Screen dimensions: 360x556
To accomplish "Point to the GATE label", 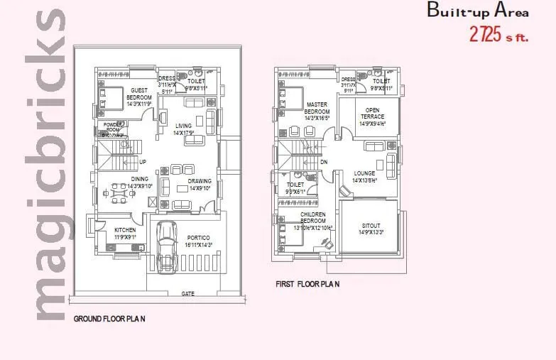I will pyautogui.click(x=188, y=293).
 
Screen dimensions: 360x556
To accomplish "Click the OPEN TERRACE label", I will pyautogui.click(x=371, y=114).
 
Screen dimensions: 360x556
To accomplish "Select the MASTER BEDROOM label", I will pyautogui.click(x=316, y=108).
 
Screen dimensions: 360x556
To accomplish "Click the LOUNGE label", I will pyautogui.click(x=364, y=173).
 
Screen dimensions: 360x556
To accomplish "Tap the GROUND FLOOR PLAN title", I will pyautogui.click(x=109, y=319).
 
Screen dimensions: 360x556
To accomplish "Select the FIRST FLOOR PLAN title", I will pyautogui.click(x=307, y=284).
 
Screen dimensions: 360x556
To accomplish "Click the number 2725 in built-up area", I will pyautogui.click(x=485, y=33).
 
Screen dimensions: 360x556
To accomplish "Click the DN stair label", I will pyautogui.click(x=324, y=162).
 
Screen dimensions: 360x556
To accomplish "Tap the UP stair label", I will pyautogui.click(x=143, y=162).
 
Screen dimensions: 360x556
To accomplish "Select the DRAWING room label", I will pyautogui.click(x=200, y=181).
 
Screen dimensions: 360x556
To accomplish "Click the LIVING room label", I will pyautogui.click(x=183, y=126).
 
